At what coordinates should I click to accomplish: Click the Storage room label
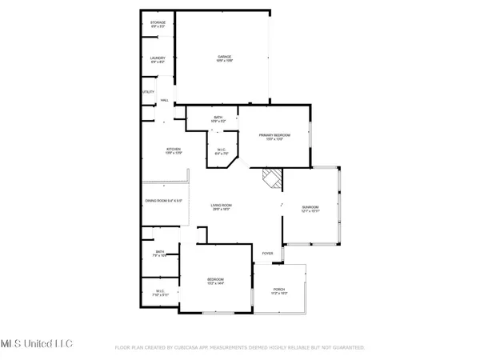(x=158, y=25)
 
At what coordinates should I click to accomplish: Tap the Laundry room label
(x=158, y=59)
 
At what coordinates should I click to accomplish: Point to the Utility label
(x=148, y=92)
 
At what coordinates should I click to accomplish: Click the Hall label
(x=165, y=101)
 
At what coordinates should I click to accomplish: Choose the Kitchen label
(x=174, y=150)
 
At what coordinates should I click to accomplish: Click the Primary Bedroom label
(x=274, y=137)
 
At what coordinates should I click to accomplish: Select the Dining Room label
(x=164, y=200)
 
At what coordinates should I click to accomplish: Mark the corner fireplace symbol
(x=273, y=178)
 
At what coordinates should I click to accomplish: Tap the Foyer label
(x=268, y=254)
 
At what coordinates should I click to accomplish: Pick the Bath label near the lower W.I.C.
(x=160, y=254)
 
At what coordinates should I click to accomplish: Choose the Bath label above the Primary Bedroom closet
(x=218, y=119)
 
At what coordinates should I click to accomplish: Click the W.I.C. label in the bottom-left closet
(x=160, y=293)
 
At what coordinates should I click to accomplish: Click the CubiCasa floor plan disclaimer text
(x=240, y=348)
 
